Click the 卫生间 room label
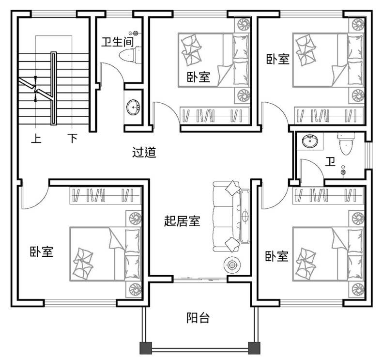click(118, 42)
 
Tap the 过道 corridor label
click(144, 152)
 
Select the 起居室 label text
click(182, 221)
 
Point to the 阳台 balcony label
click(198, 318)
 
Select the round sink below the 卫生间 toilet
click(133, 107)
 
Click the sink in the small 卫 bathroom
click(310, 141)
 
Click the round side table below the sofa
click(232, 265)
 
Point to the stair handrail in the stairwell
click(54, 88)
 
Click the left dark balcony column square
click(146, 348)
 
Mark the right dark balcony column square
click(254, 348)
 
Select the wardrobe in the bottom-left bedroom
click(106, 195)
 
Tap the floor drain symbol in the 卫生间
click(136, 32)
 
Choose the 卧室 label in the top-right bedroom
click(278, 59)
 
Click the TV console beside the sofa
click(245, 216)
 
